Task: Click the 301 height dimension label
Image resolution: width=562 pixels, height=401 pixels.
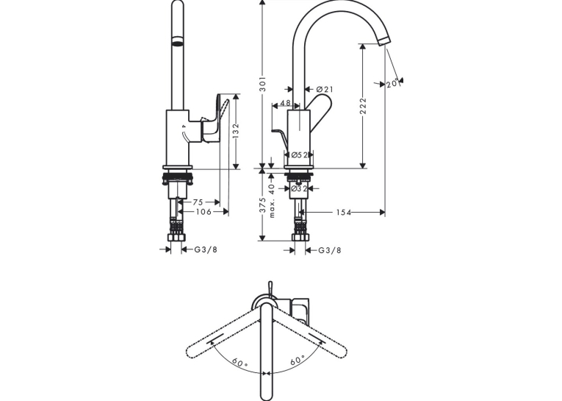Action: [x=263, y=84]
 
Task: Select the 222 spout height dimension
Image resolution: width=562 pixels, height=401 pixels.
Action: [x=363, y=106]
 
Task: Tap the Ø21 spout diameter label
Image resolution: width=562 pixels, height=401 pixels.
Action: [x=325, y=89]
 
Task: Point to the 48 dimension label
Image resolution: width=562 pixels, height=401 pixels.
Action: [x=285, y=103]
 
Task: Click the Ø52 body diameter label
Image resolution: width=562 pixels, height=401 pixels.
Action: [x=300, y=155]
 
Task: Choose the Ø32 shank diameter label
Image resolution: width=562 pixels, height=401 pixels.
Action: [x=299, y=188]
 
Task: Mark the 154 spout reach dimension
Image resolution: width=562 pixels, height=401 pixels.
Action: [x=343, y=213]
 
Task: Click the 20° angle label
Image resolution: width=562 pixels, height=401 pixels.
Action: [x=392, y=83]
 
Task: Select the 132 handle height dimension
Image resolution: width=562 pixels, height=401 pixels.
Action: [x=236, y=131]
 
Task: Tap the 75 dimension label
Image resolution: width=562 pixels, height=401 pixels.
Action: [x=198, y=202]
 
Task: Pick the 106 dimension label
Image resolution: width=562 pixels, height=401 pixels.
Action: [x=203, y=212]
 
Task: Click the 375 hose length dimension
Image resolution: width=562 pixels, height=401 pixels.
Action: [x=263, y=205]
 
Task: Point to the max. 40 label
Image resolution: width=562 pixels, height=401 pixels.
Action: [x=272, y=201]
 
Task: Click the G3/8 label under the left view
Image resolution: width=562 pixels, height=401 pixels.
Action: [x=206, y=249]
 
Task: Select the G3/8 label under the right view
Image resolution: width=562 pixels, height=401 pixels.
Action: [x=330, y=250]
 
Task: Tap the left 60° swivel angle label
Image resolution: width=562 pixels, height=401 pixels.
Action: [x=239, y=362]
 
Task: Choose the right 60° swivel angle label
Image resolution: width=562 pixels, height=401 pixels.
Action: [x=298, y=360]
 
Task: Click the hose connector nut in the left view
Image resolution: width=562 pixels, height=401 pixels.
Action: [x=178, y=238]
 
